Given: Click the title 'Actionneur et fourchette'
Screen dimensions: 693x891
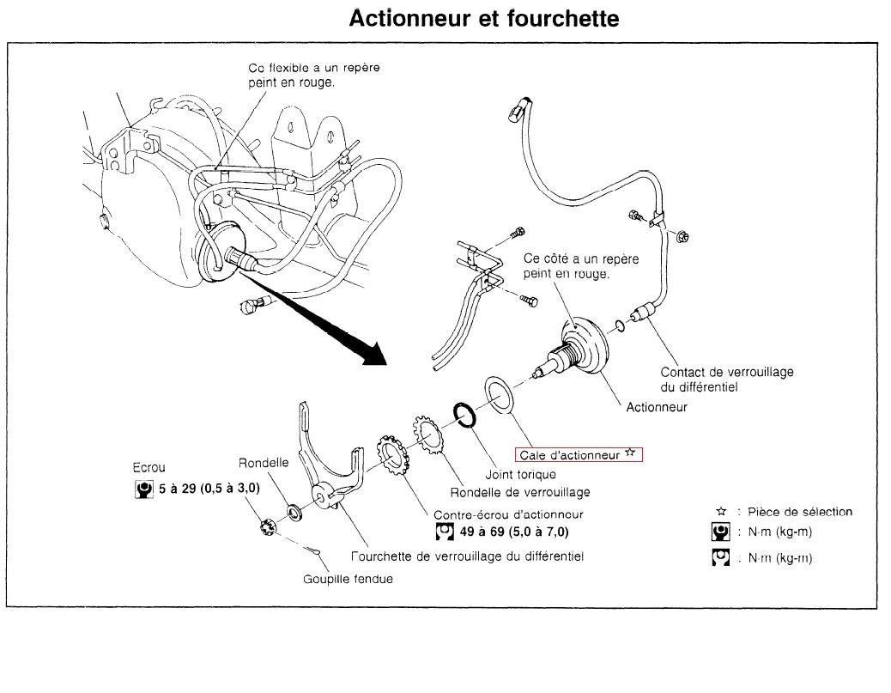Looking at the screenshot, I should (x=483, y=19).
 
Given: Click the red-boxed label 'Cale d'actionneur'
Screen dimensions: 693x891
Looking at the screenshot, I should (x=579, y=455).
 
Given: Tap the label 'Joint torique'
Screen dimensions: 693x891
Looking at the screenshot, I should (x=520, y=474).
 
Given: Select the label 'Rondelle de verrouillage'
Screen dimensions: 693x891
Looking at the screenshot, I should (x=520, y=492).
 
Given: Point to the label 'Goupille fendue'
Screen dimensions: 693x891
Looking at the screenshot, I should (x=348, y=579).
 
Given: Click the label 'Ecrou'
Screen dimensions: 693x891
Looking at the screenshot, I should (x=149, y=468).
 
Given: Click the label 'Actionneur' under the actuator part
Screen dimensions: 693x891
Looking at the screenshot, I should (x=657, y=408).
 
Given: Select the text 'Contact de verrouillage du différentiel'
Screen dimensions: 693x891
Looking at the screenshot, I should (x=726, y=380).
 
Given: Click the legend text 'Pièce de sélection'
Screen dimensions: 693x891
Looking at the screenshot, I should (x=800, y=512).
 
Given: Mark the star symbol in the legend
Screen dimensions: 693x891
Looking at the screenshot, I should (x=721, y=512).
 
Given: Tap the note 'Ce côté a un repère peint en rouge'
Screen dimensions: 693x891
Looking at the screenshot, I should (x=581, y=266).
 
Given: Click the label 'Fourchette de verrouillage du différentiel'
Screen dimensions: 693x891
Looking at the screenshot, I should (x=468, y=556).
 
